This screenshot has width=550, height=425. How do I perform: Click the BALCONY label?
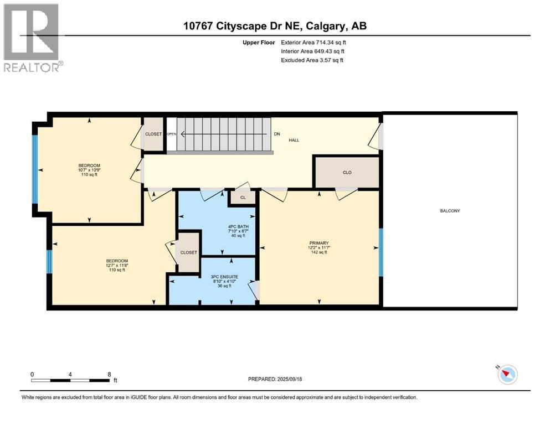[x=450, y=211]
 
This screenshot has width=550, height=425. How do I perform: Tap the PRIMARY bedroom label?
[x=319, y=243]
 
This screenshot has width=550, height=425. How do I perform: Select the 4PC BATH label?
[x=238, y=227]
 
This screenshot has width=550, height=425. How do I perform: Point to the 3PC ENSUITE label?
[x=224, y=277]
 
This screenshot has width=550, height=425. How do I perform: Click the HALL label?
[x=294, y=140]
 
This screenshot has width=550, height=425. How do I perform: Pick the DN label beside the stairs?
[x=277, y=134]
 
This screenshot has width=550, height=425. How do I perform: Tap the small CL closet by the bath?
[x=243, y=198]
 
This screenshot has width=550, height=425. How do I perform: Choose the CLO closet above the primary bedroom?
[x=347, y=173]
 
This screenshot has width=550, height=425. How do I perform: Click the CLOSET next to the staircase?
[x=153, y=134]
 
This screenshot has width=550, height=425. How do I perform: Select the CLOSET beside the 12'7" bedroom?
[x=189, y=252]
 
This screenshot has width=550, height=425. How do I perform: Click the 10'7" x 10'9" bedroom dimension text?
[x=89, y=170]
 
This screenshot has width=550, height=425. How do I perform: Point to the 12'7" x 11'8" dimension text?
[x=117, y=266]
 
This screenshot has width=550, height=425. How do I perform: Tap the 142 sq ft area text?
[x=319, y=252]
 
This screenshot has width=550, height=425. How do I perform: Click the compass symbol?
[x=507, y=374]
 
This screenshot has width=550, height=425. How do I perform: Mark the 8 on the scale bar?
[x=110, y=374]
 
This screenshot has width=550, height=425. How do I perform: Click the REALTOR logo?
[x=32, y=38]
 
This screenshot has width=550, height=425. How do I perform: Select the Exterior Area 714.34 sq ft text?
[x=313, y=43]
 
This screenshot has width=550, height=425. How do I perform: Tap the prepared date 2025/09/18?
[x=289, y=379]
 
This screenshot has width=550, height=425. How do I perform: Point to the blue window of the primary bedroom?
[x=381, y=252]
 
